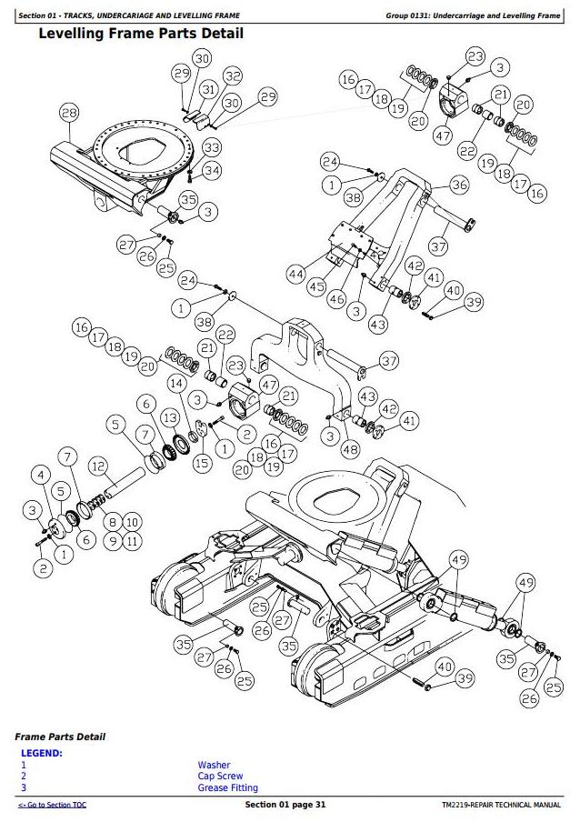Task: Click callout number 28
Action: coord(69,113)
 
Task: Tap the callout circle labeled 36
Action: coord(459,185)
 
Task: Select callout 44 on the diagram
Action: coord(295,273)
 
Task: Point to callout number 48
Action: coord(351,448)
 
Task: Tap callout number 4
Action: coord(39,473)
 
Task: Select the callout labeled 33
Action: coord(211,146)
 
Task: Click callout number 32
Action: coord(233,76)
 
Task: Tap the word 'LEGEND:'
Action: coord(41,754)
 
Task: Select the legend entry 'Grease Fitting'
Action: coord(227,787)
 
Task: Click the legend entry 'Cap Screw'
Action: coord(220,777)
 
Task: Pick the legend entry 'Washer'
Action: coord(214,766)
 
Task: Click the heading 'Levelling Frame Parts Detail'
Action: coord(141,34)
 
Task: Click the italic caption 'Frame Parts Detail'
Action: coord(60,737)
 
